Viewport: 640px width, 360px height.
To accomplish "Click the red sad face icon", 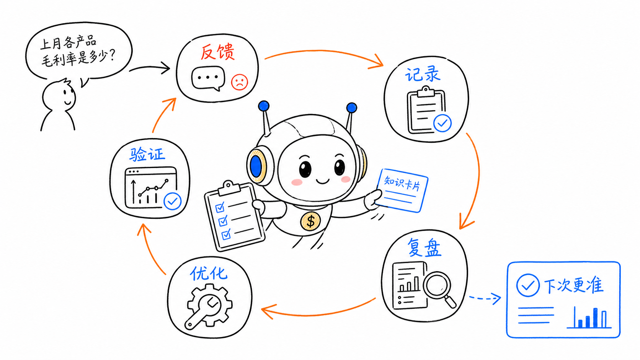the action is pos(240,82).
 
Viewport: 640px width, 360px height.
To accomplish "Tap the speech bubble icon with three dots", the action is pos(208,78).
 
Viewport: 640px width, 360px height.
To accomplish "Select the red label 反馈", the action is pos(217,52).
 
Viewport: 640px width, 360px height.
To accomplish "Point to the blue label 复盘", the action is pos(424,247).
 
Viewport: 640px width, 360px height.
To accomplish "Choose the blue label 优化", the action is pos(209,274).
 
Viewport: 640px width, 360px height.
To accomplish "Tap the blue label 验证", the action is pos(147,155).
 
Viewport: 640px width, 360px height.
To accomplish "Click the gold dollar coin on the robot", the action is pos(310,221).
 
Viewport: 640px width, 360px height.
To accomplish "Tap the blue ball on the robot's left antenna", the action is pos(263,106).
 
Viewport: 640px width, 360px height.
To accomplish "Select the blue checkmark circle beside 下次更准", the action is pos(528,285).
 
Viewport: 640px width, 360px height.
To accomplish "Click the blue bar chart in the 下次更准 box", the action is pos(589,318).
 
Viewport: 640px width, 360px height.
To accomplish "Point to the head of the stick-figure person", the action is pos(59,96).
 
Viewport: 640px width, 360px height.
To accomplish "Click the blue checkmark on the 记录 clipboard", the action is pos(442,123).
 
